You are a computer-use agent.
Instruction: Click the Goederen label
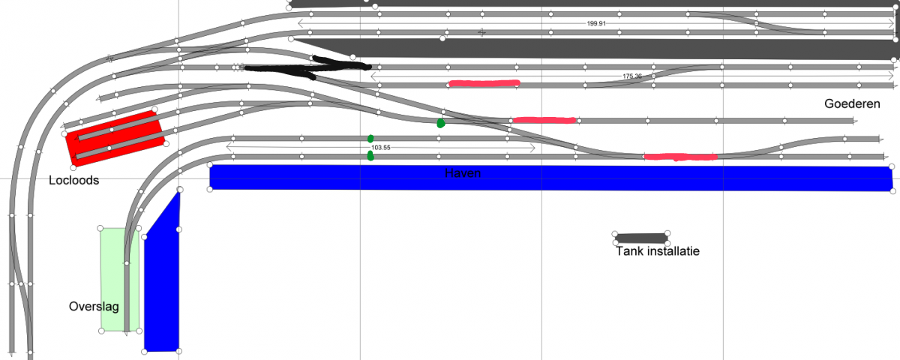(852, 103)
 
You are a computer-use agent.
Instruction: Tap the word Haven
(463, 173)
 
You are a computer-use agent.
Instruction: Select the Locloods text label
(74, 180)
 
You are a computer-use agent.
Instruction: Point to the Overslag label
(94, 307)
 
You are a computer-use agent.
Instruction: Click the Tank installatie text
(658, 251)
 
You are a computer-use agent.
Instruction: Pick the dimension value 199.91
(596, 24)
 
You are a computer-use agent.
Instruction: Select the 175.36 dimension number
(632, 76)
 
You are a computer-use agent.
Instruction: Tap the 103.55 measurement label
(380, 148)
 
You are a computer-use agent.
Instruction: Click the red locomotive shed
(115, 138)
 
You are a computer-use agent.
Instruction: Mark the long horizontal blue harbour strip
(550, 178)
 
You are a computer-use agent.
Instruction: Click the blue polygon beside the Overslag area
(162, 281)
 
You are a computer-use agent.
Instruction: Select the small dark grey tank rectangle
(640, 238)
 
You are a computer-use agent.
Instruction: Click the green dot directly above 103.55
(370, 139)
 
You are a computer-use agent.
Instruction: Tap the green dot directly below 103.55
(370, 156)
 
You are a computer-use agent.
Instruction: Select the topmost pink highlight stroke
(484, 83)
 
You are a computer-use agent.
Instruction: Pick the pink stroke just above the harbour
(681, 157)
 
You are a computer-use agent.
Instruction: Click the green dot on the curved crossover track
(441, 123)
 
